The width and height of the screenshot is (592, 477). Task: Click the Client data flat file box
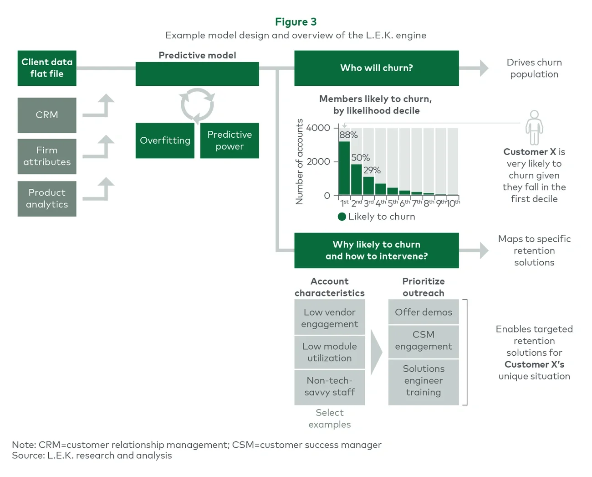point(47,68)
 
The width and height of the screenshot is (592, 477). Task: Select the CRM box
point(47,115)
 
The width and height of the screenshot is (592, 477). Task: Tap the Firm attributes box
point(47,156)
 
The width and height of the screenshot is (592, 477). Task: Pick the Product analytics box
point(47,199)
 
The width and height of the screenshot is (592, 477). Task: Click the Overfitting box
point(165,140)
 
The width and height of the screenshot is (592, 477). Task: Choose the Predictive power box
point(230,140)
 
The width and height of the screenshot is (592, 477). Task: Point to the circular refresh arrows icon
point(197,105)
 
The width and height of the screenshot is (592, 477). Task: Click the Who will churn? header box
point(376,68)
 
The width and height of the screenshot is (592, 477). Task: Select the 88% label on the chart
point(348,135)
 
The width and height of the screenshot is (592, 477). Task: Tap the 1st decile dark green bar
point(344,169)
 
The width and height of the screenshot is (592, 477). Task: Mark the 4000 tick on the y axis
point(318,128)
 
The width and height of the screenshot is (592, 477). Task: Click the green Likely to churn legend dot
point(342,217)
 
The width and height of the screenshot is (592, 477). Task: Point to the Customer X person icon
point(534,127)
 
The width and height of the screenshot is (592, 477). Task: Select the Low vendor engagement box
point(329,318)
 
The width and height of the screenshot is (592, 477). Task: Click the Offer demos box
point(424,312)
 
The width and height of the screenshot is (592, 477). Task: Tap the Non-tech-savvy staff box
point(329,387)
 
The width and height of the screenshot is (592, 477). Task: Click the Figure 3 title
point(296,22)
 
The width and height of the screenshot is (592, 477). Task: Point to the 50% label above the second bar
point(360,158)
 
